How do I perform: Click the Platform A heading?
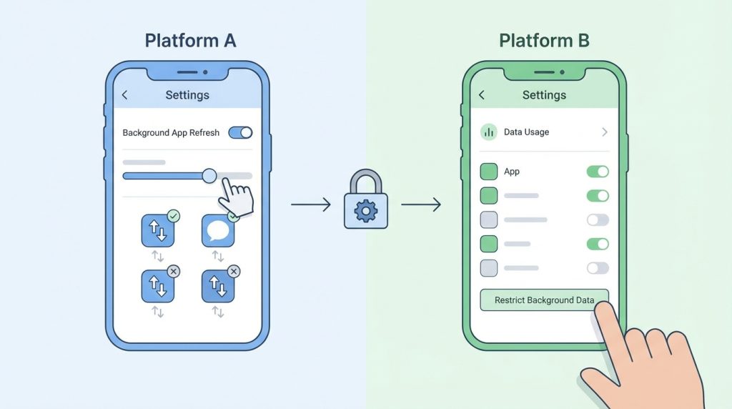(x=190, y=40)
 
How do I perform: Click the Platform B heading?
(x=544, y=40)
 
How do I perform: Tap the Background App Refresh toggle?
(x=240, y=132)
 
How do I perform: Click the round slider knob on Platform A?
(x=209, y=175)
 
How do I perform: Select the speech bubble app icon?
(x=218, y=231)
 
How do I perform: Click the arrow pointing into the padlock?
(x=311, y=206)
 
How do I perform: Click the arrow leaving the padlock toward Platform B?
(x=420, y=206)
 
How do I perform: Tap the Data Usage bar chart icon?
(x=489, y=132)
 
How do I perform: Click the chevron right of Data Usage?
(x=604, y=132)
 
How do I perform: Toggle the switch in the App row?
(x=598, y=172)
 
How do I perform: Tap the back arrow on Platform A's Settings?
(x=125, y=95)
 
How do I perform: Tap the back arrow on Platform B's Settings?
(x=481, y=95)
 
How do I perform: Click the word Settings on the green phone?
(x=544, y=95)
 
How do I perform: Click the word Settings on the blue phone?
(x=187, y=95)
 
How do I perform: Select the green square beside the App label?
(x=489, y=172)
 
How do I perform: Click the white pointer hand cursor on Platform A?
(x=237, y=197)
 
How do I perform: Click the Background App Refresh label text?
(x=171, y=133)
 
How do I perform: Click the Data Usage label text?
(x=526, y=132)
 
